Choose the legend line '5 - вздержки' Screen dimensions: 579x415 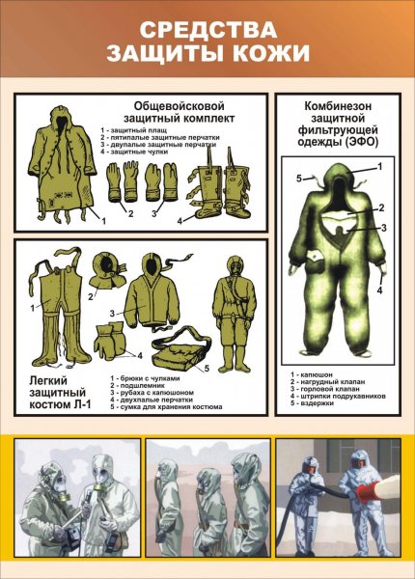click(x=318, y=402)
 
